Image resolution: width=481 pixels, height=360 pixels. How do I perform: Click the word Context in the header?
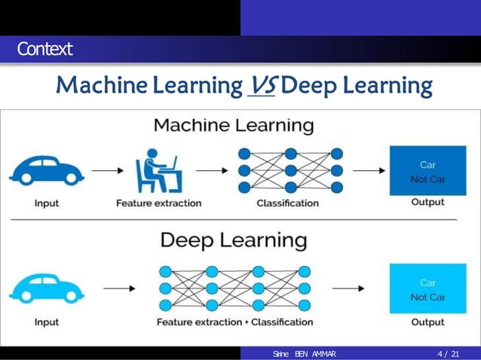tap(46, 50)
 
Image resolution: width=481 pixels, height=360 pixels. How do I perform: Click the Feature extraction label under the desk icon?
tap(158, 203)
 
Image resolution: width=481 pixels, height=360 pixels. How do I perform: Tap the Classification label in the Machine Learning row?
tap(287, 203)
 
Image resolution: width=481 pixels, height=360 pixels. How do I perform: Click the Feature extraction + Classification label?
tap(234, 322)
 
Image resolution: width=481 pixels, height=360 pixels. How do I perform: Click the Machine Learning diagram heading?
tap(234, 124)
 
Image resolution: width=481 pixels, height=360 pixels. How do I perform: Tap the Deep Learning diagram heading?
tap(234, 241)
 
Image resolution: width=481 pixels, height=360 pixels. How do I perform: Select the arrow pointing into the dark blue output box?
tap(367, 169)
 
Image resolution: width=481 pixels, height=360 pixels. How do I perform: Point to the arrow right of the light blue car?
tap(119, 289)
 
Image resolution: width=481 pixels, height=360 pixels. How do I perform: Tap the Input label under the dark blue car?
tap(47, 203)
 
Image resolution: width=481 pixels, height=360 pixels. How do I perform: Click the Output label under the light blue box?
tap(427, 322)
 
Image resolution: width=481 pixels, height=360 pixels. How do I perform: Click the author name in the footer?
tap(305, 353)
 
